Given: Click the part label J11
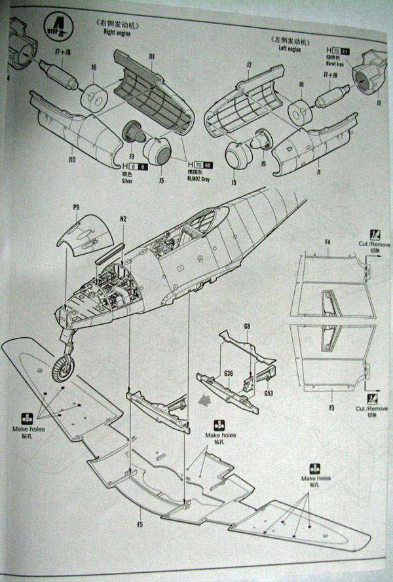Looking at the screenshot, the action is pos(151,57).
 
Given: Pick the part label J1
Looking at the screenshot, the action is pos(321,172).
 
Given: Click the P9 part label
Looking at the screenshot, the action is pos(77,208).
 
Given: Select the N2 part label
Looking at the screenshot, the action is pos(123,219).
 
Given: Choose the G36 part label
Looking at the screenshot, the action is pos(229,374).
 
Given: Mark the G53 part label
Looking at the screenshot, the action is pos(269,393).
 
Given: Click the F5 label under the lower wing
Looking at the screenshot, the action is pos(140,524).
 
